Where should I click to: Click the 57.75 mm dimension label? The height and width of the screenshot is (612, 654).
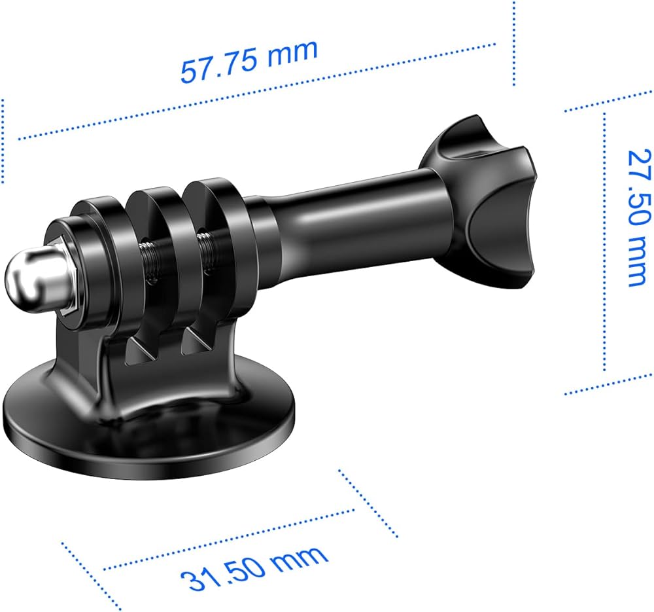249,60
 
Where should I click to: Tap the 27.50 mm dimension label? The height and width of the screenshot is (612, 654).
640,217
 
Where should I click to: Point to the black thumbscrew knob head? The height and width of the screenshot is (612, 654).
479,200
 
